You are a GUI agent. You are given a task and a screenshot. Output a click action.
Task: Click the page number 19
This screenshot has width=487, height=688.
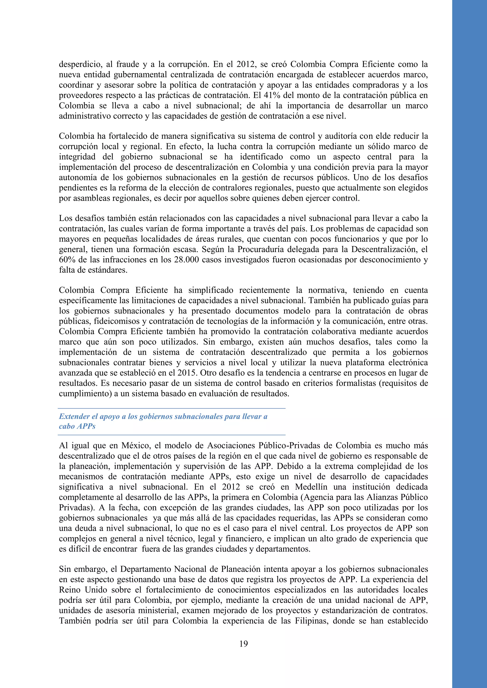point(243,644)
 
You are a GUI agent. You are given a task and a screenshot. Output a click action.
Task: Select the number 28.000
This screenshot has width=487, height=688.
point(186,259)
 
